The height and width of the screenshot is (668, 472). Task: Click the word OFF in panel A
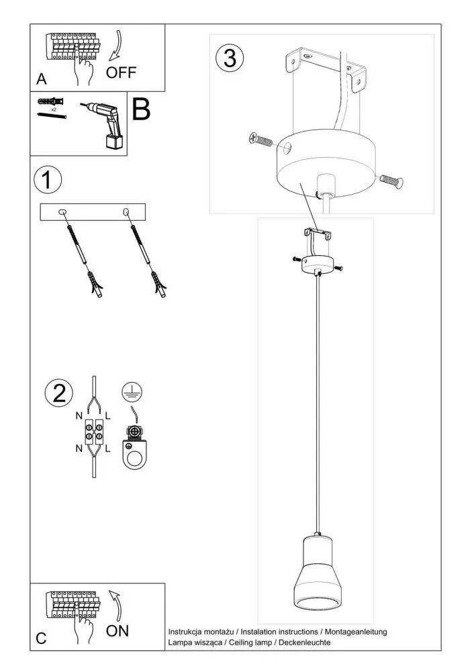122,73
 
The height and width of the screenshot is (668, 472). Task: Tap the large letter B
141,109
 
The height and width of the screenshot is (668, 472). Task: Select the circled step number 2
59,393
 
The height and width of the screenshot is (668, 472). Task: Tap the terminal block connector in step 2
93,430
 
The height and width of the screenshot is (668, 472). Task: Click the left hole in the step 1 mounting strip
63,212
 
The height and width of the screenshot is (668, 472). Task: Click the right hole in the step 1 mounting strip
126,212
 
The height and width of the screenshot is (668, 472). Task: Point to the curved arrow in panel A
116,46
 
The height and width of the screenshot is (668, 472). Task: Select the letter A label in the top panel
42,79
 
